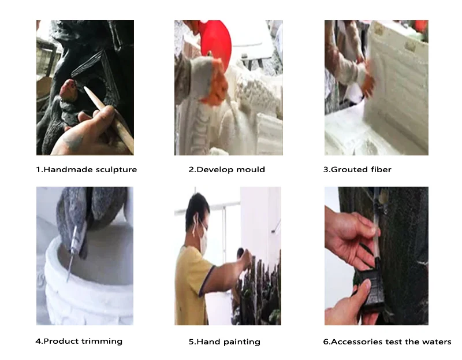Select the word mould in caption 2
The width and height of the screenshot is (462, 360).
[251, 169]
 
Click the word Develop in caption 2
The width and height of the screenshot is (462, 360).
[215, 170]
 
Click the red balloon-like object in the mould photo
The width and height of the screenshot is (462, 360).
[216, 41]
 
